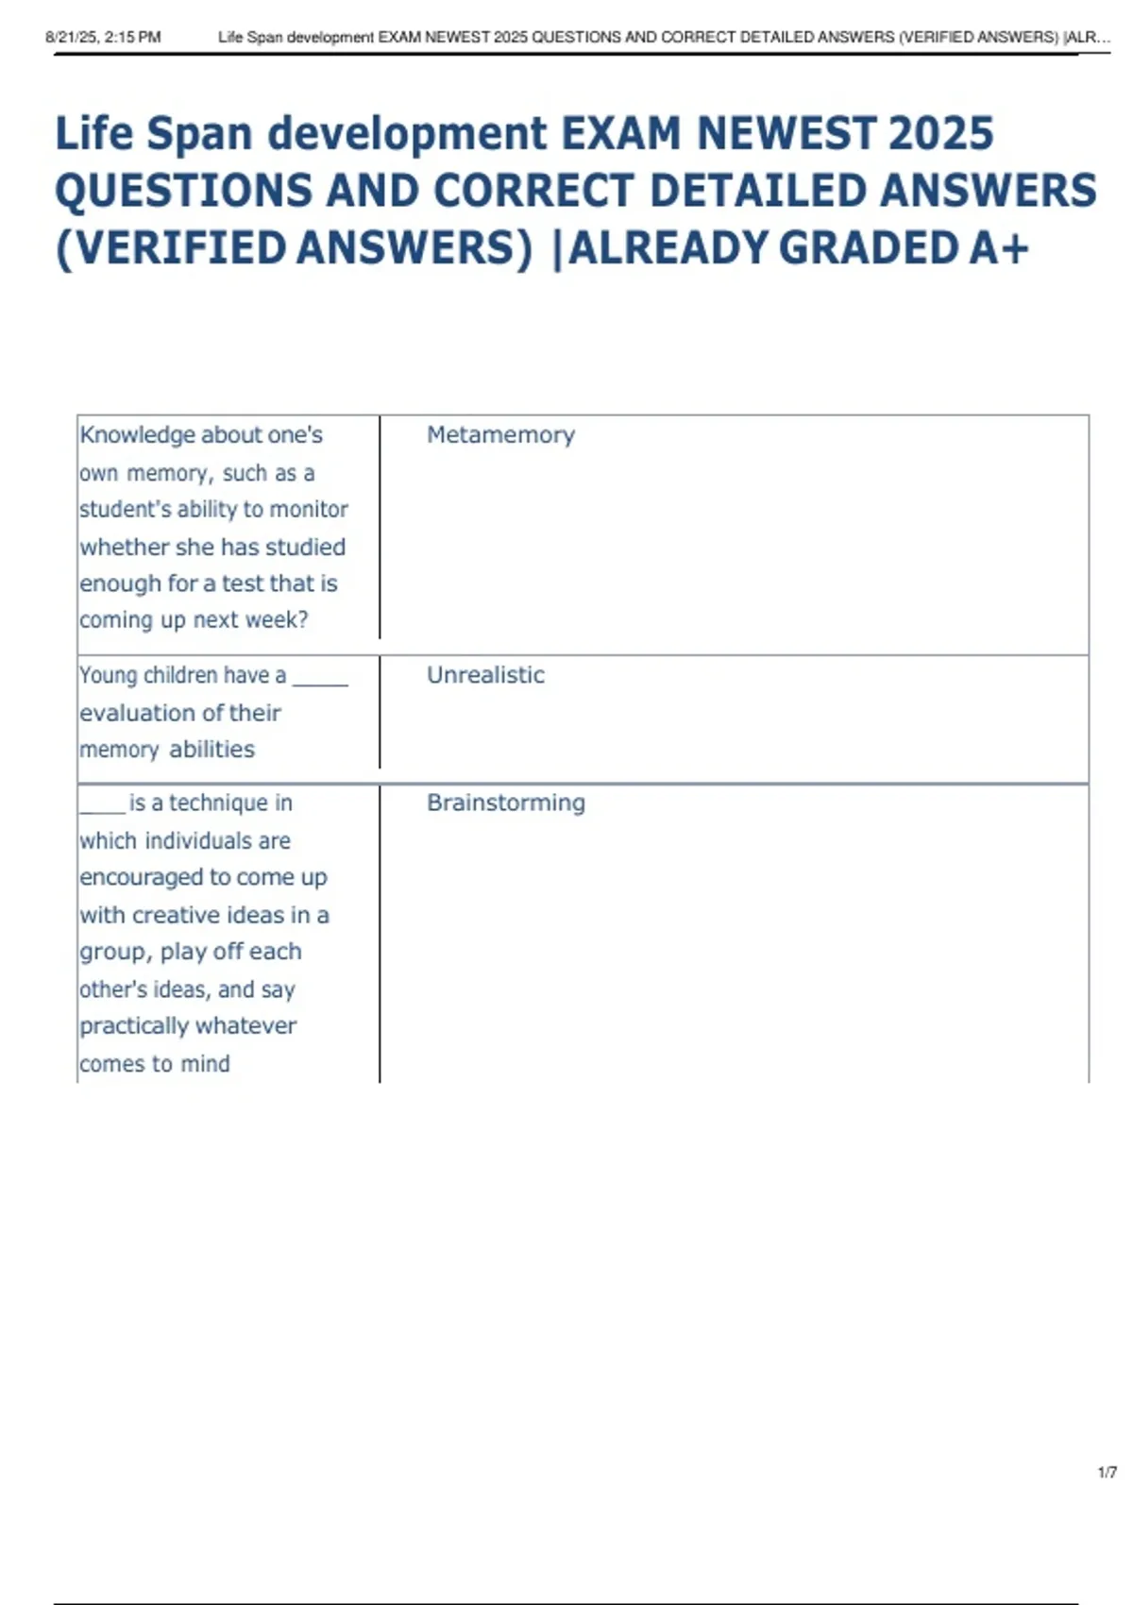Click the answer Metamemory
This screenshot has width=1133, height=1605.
(500, 435)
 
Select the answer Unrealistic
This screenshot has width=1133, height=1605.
(485, 675)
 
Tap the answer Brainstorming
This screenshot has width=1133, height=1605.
(506, 802)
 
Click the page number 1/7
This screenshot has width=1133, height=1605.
(1108, 1473)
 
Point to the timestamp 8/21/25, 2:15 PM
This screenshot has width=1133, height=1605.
(103, 38)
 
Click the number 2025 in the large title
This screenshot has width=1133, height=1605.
(940, 133)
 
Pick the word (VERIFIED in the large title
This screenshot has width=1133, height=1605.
(171, 248)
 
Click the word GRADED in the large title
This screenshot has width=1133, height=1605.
(869, 248)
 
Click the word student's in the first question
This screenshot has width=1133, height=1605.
(125, 509)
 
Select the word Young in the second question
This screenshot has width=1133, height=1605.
(108, 675)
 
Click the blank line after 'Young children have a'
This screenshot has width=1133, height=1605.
(320, 680)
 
